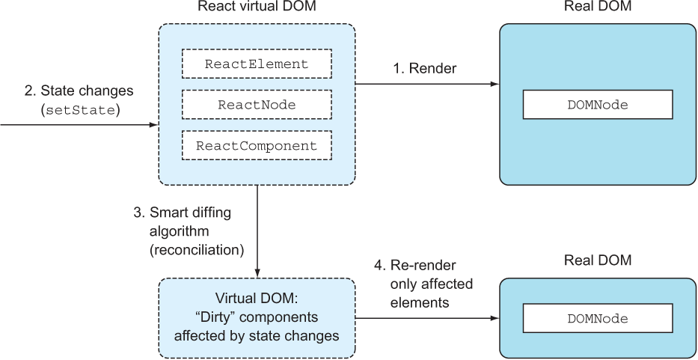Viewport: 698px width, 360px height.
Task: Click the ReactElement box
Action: click(x=257, y=64)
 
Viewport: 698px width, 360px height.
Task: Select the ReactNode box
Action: click(x=257, y=105)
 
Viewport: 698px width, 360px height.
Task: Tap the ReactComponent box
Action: click(x=257, y=146)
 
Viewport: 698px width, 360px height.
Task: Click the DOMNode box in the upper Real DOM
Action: click(x=598, y=105)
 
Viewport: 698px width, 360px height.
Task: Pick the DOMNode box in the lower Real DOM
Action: click(x=598, y=319)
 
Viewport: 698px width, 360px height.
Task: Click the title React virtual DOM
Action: click(x=257, y=7)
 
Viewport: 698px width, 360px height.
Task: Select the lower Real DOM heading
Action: click(x=598, y=260)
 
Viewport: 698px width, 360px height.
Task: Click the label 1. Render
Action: click(x=424, y=68)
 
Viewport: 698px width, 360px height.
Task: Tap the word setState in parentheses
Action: click(x=81, y=111)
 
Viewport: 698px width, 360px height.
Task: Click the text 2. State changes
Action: click(x=79, y=91)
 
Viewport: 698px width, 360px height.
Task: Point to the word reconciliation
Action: click(x=196, y=251)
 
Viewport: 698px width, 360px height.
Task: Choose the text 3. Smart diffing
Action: click(x=183, y=213)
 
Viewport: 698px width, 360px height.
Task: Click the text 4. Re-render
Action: click(x=415, y=265)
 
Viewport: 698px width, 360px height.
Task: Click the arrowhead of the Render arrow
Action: click(x=494, y=84)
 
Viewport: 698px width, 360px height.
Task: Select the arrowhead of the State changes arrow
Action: click(x=153, y=125)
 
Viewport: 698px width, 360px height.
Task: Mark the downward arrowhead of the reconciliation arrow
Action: click(x=257, y=272)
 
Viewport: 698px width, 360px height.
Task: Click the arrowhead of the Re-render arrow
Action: click(x=494, y=319)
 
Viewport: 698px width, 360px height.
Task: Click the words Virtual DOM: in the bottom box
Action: click(x=257, y=299)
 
